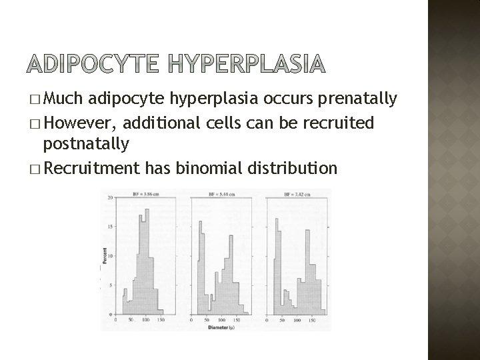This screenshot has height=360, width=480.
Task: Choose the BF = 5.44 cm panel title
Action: [x=224, y=194]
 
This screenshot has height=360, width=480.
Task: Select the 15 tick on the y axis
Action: [x=110, y=227]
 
